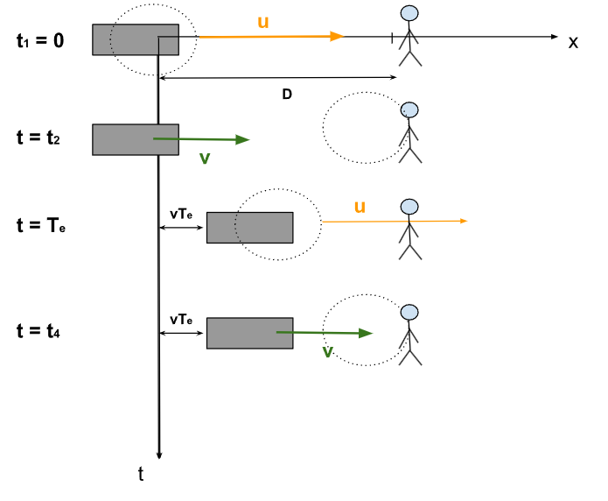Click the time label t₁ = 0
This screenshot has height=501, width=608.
(40, 40)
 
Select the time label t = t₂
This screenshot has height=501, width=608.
(38, 138)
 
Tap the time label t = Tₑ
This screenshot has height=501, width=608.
(41, 226)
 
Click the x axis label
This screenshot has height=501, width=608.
(573, 42)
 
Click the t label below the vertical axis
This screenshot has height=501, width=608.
(141, 474)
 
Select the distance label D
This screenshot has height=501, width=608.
(286, 94)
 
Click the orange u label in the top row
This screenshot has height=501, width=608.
(262, 21)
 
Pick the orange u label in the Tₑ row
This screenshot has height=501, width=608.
(359, 207)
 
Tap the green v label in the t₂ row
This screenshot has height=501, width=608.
(205, 158)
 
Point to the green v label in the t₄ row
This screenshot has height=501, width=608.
(327, 351)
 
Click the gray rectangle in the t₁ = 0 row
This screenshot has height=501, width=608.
(136, 39)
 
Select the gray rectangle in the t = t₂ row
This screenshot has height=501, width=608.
(136, 139)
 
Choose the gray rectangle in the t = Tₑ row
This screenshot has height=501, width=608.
(249, 227)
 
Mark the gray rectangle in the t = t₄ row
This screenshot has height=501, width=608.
(249, 333)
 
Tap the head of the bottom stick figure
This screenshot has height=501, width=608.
(409, 313)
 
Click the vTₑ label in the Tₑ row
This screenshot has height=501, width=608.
(181, 214)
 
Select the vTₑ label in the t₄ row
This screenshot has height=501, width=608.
(181, 321)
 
